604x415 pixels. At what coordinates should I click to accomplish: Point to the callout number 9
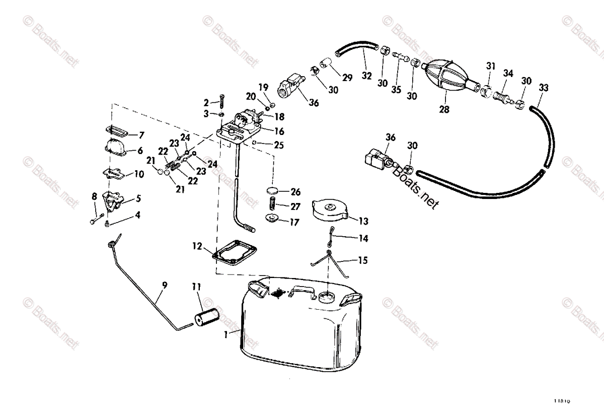[165, 285]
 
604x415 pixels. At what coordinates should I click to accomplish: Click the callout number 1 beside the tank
[226, 334]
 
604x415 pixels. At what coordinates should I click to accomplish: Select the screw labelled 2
[220, 101]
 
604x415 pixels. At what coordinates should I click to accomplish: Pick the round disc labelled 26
[272, 191]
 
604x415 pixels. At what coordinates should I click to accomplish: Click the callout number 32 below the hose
[366, 76]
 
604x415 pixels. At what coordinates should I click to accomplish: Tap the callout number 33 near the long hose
[543, 87]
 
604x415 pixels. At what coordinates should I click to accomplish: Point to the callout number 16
[279, 131]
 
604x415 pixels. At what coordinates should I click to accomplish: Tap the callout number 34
[508, 74]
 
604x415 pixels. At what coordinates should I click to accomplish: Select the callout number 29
[347, 78]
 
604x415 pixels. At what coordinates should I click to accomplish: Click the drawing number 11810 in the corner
[565, 401]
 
